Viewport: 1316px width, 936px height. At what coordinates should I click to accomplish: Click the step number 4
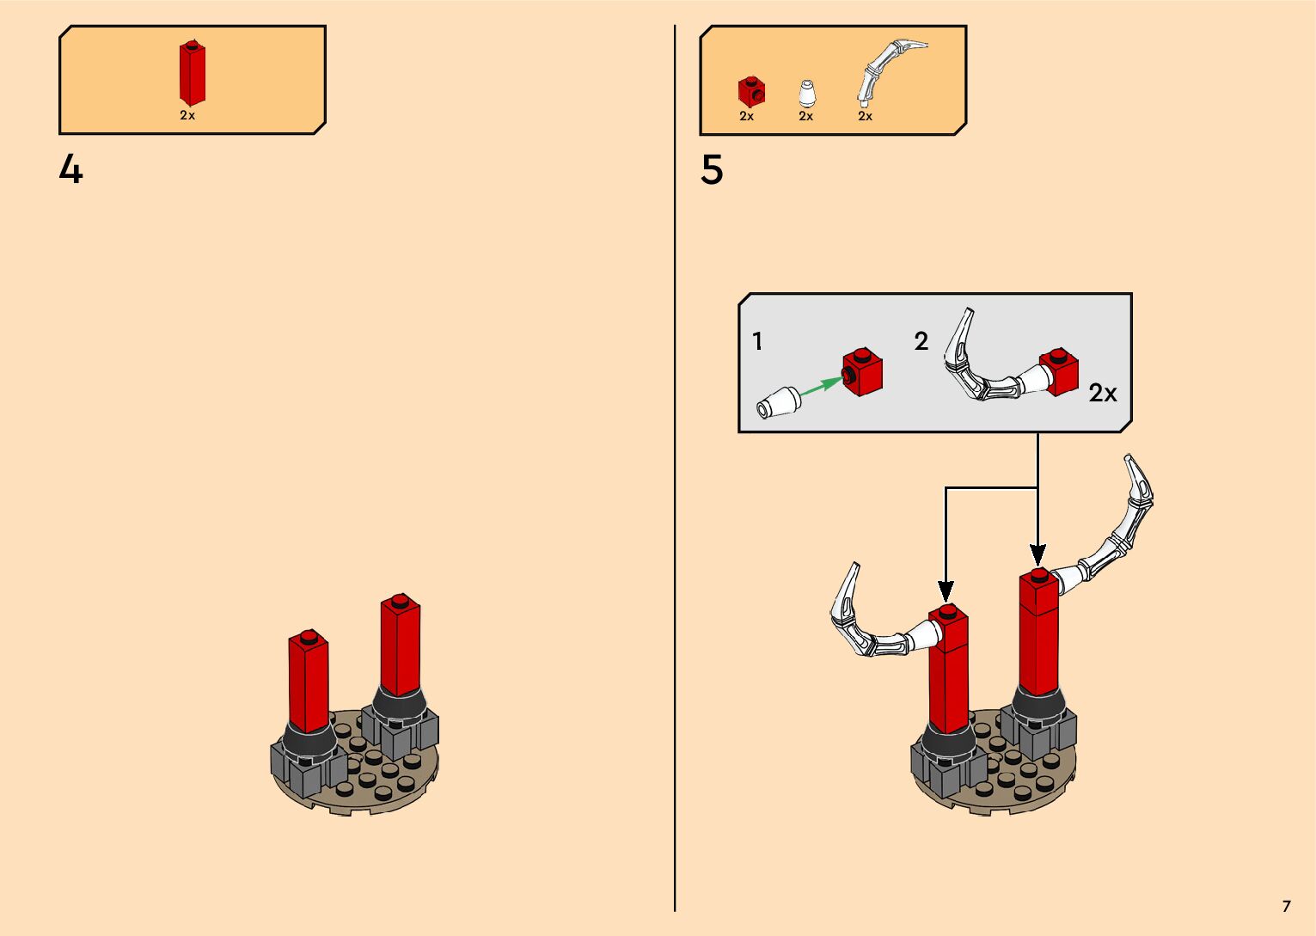tap(70, 169)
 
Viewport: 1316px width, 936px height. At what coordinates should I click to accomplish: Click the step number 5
tap(712, 170)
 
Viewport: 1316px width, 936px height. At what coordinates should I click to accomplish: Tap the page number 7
tap(1286, 906)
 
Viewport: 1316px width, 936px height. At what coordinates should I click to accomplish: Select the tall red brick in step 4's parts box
tap(192, 74)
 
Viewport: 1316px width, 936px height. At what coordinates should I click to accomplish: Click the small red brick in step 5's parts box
tap(751, 91)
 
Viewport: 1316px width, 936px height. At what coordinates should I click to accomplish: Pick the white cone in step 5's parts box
tap(806, 94)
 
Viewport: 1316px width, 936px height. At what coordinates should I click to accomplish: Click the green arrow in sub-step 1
tap(821, 385)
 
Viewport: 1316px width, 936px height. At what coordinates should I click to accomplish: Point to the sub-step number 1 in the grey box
tap(757, 342)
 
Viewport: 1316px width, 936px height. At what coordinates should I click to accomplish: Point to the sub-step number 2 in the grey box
tap(921, 342)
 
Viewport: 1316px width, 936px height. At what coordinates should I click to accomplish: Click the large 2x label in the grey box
tap(1103, 394)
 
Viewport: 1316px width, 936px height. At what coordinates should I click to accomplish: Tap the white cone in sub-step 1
tap(777, 402)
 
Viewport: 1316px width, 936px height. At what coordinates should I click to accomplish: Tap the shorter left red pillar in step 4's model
tap(309, 679)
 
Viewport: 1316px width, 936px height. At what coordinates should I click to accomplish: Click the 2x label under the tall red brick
tap(187, 115)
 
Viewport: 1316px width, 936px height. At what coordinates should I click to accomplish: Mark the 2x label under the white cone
tap(805, 116)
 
